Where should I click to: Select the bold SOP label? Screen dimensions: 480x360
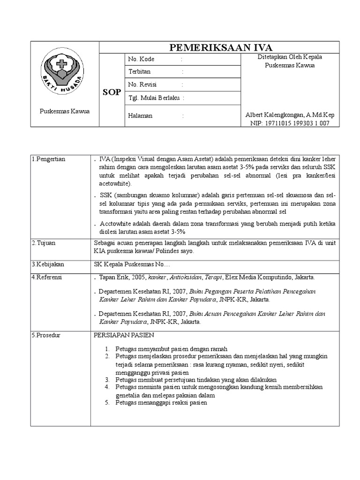point(112,92)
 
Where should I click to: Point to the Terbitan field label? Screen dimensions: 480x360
point(140,72)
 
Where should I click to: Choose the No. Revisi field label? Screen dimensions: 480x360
point(142,84)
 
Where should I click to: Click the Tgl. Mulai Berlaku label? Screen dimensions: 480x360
point(154,97)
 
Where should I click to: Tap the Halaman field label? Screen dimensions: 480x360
point(140,116)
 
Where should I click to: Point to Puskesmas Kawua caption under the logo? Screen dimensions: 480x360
point(65,111)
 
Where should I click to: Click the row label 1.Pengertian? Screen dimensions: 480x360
point(49,159)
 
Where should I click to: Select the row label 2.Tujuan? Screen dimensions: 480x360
point(45,243)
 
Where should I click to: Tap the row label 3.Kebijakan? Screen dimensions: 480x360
point(48,264)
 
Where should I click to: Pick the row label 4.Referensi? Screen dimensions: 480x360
point(47,277)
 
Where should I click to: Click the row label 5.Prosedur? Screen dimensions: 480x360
point(47,336)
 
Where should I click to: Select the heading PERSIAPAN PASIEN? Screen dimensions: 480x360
point(124,336)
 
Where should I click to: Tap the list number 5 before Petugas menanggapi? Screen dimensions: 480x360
point(106,403)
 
